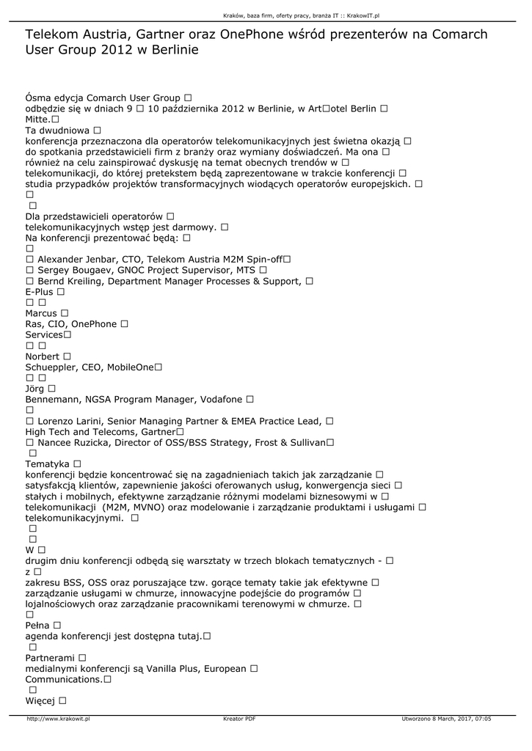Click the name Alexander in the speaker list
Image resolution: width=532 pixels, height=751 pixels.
click(x=61, y=260)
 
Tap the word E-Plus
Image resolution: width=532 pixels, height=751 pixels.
click(x=40, y=292)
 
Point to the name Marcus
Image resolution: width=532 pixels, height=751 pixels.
click(x=41, y=313)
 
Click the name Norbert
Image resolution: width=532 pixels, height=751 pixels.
click(x=43, y=356)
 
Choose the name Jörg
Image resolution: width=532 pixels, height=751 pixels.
click(x=35, y=388)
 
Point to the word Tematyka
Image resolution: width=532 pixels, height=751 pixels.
click(x=48, y=464)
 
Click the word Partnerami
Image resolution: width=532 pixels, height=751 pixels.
click(x=50, y=658)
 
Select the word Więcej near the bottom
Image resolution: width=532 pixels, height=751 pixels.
click(x=41, y=701)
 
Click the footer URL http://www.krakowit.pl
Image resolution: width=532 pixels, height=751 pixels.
click(x=58, y=719)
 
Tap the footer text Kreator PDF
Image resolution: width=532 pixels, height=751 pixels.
click(x=239, y=719)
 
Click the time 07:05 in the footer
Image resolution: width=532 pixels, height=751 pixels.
click(x=481, y=719)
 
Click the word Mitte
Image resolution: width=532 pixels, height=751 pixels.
click(x=37, y=119)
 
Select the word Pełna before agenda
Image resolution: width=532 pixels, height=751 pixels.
click(x=37, y=625)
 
